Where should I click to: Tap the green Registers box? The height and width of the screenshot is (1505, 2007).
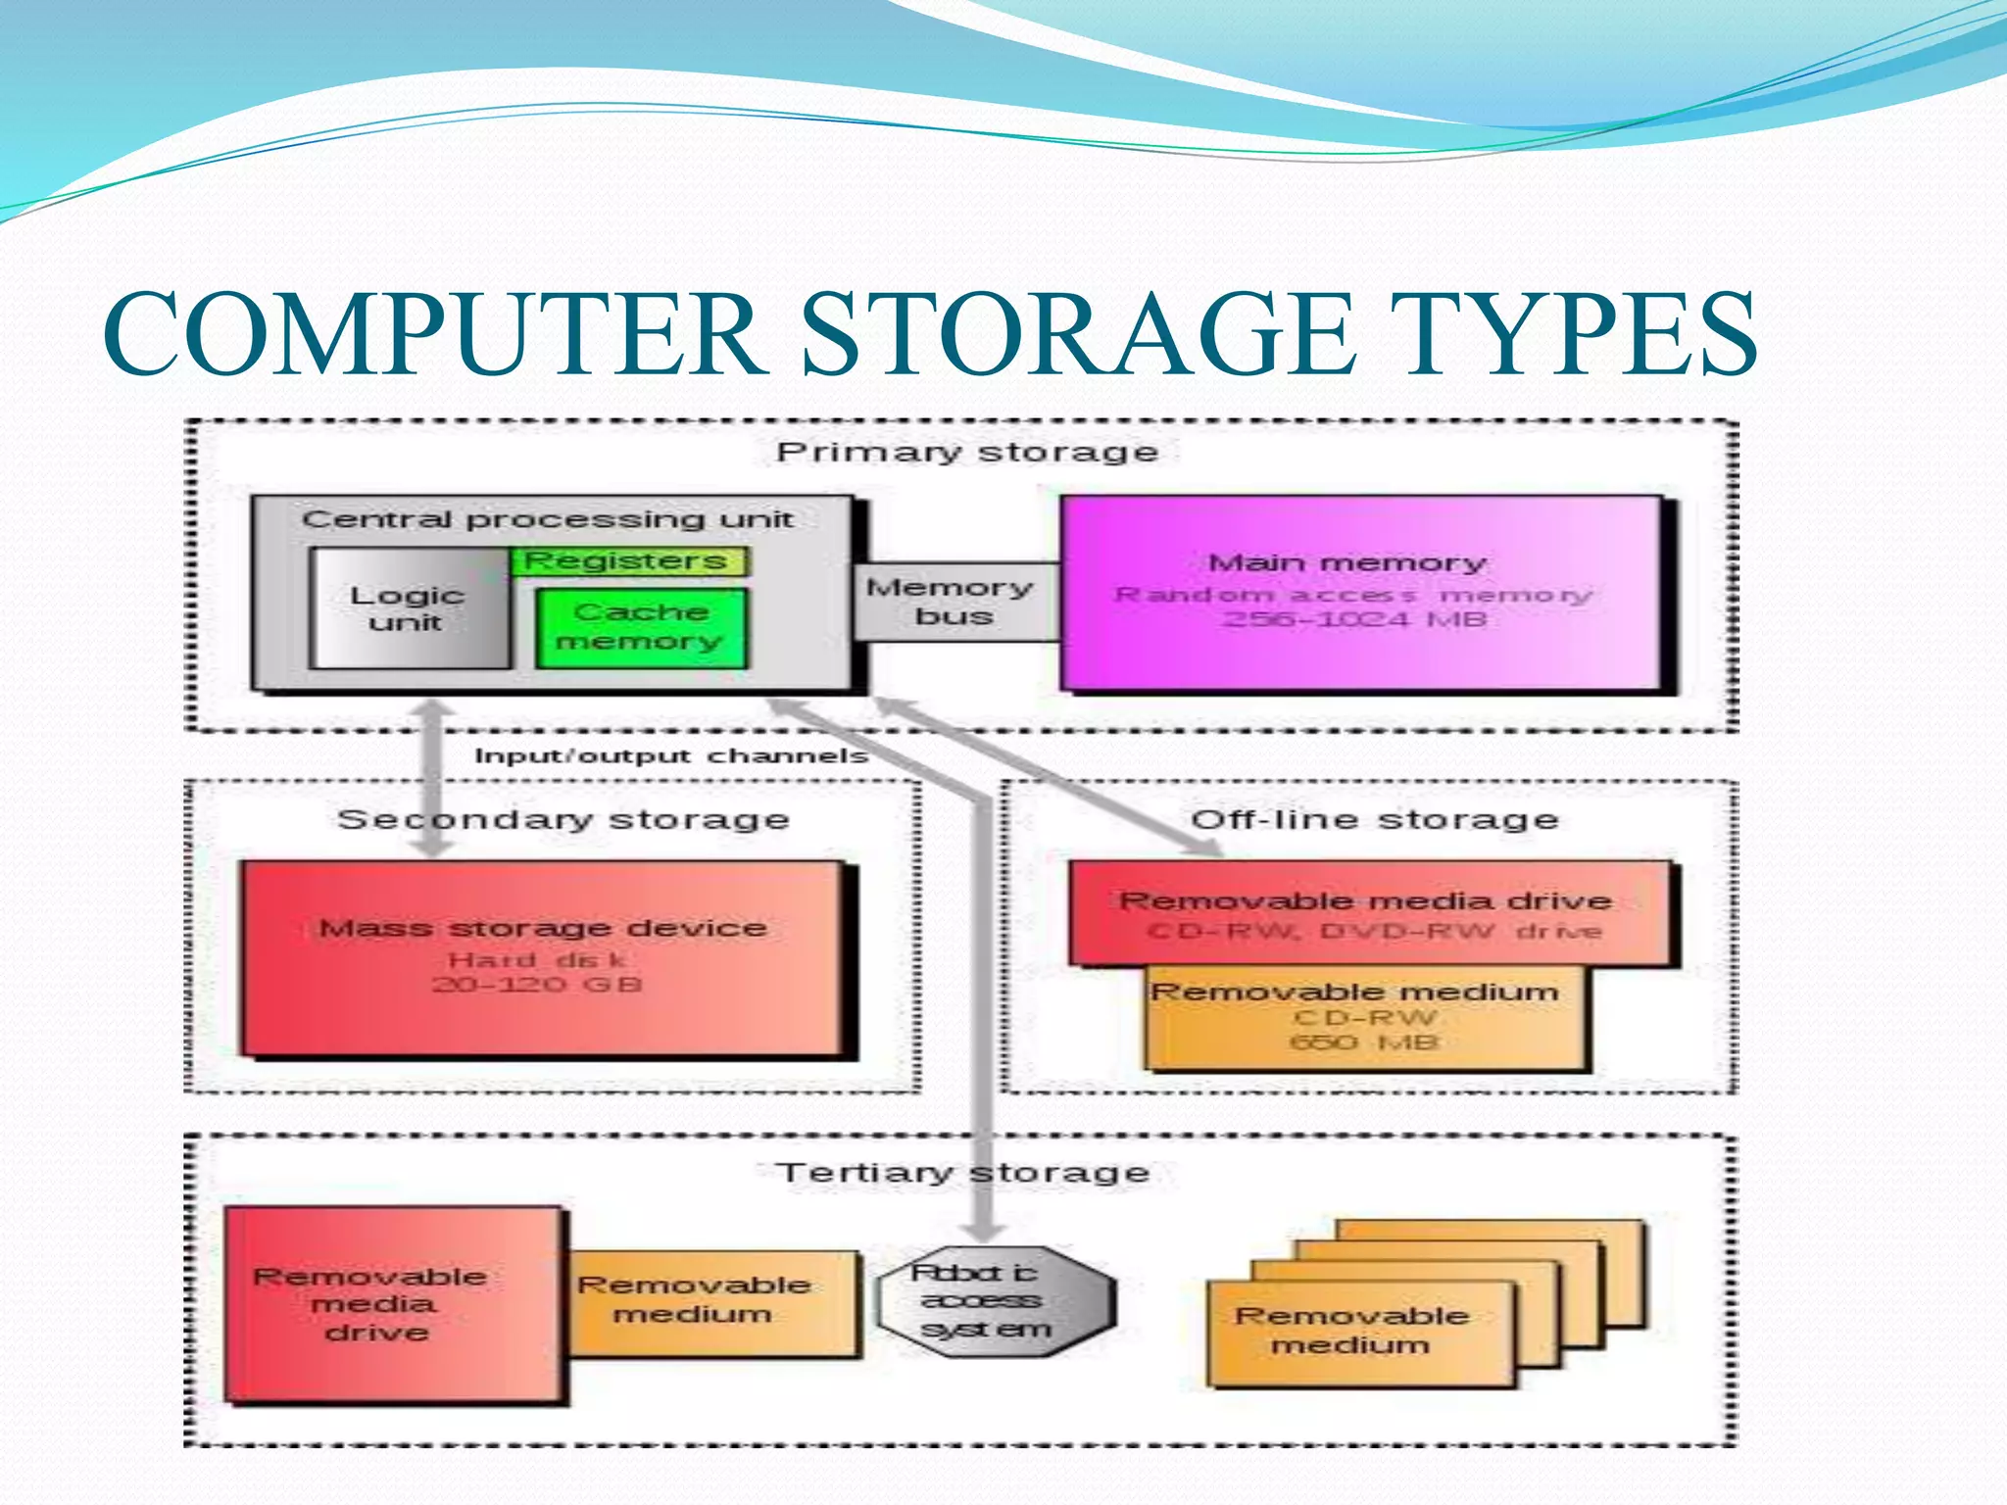click(x=627, y=561)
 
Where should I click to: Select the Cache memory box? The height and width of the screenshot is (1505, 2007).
click(x=641, y=627)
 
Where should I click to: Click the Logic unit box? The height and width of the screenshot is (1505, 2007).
click(x=408, y=608)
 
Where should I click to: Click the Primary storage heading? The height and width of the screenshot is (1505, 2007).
click(x=967, y=452)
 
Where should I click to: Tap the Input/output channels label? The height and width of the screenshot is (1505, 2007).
click(x=671, y=755)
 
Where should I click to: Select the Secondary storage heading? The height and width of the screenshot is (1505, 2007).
click(x=563, y=819)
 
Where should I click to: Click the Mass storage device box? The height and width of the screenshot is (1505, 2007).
click(x=543, y=957)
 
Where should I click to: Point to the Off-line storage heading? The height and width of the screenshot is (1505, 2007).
click(x=1374, y=819)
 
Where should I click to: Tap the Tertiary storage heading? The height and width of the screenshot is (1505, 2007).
click(x=963, y=1172)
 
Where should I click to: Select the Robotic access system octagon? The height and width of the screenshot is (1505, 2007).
click(x=994, y=1301)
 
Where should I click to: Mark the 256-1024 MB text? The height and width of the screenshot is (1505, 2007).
click(x=1354, y=619)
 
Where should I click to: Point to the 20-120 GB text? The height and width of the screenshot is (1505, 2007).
click(x=537, y=984)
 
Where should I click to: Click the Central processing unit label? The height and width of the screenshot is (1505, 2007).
click(x=547, y=519)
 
